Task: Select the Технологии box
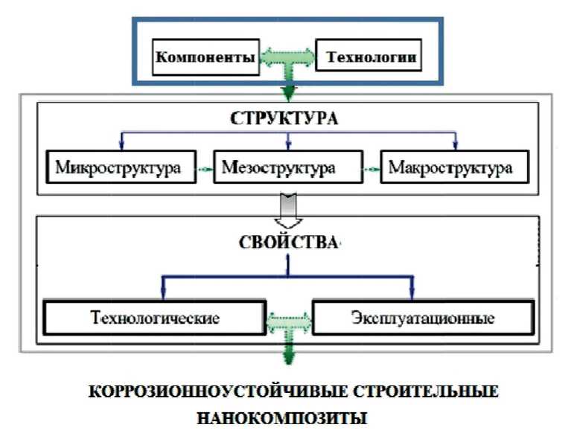[x=368, y=56]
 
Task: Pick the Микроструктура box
[x=118, y=167]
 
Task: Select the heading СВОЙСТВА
[x=288, y=243]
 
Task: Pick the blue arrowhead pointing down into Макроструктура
[x=456, y=147]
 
